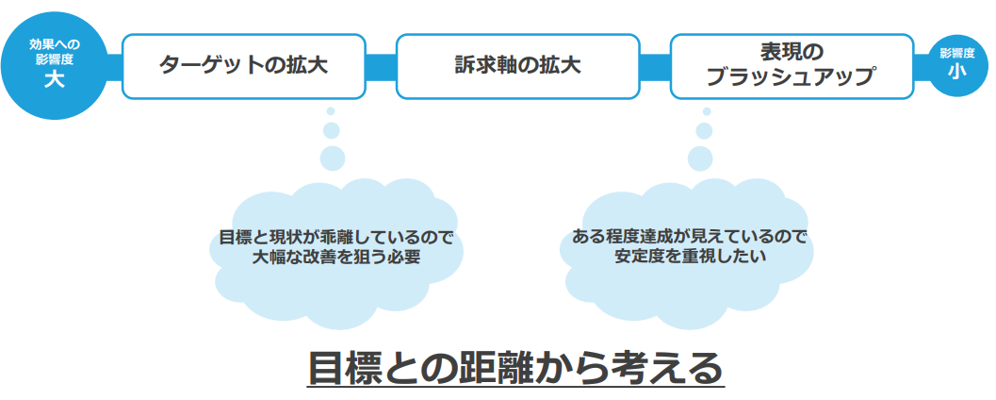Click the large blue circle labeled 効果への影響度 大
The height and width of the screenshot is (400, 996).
click(55, 64)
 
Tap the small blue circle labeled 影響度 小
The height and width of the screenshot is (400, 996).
click(956, 64)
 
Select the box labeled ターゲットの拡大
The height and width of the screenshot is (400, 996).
click(244, 66)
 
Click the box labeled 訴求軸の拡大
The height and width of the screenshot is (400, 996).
click(517, 66)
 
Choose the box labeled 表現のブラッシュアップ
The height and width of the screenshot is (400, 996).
click(792, 66)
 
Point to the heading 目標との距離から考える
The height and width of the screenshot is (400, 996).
click(515, 367)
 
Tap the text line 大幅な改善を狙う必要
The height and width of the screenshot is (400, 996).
click(335, 258)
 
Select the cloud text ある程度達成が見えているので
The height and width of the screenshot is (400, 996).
click(688, 236)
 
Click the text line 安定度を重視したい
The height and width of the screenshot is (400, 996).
click(688, 257)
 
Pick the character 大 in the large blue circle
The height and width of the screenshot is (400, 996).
click(55, 79)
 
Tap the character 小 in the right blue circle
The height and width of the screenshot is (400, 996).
click(956, 72)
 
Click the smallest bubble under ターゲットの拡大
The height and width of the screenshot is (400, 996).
click(331, 111)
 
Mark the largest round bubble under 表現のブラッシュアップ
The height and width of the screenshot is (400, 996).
click(700, 157)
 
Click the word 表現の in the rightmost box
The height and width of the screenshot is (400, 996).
click(792, 52)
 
